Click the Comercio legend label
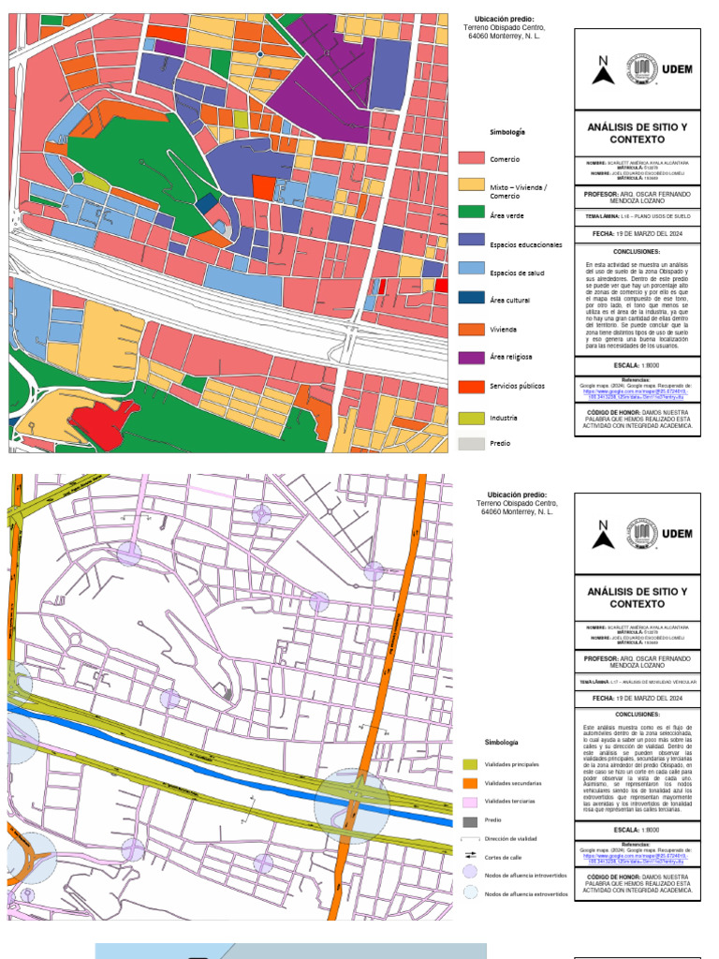pyautogui.click(x=505, y=159)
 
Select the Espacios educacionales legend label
pyautogui.click(x=526, y=244)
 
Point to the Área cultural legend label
pyautogui.click(x=510, y=301)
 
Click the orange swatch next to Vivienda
pyautogui.click(x=472, y=329)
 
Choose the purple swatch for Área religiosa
pyautogui.click(x=472, y=357)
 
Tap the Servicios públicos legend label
pyautogui.click(x=518, y=385)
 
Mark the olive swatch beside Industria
pyautogui.click(x=472, y=417)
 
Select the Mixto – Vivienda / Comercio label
pyautogui.click(x=519, y=191)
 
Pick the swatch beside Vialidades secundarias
pyautogui.click(x=470, y=783)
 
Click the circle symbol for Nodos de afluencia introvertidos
pyautogui.click(x=470, y=875)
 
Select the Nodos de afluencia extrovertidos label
pyautogui.click(x=526, y=894)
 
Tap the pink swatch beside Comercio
pyautogui.click(x=472, y=159)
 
